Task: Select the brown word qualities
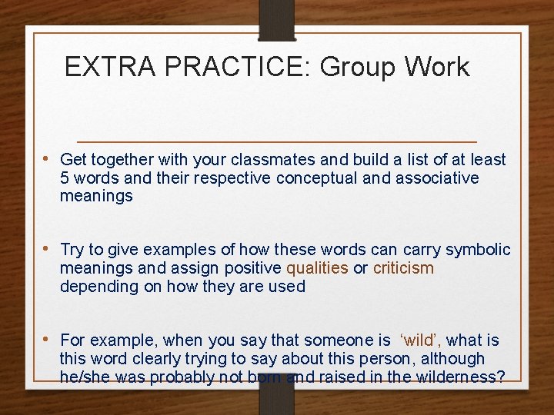click(317, 268)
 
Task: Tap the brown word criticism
click(403, 268)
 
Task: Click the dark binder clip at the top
click(277, 20)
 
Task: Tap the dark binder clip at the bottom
click(277, 395)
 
